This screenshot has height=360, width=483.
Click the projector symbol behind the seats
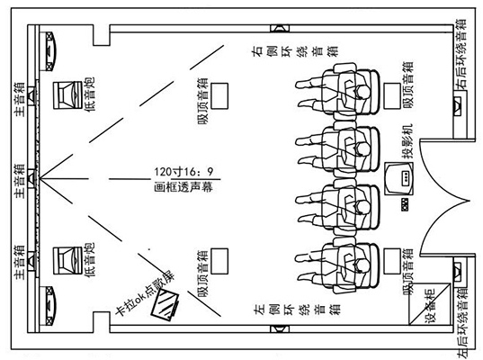[x=398, y=179]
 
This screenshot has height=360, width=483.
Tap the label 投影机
[x=407, y=141]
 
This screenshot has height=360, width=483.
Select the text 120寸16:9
[x=183, y=171]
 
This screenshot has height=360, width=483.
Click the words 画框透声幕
[x=183, y=187]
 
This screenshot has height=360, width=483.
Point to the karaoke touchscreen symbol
[x=165, y=305]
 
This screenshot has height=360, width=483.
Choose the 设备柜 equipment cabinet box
[x=430, y=304]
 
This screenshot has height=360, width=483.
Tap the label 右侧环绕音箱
[x=295, y=51]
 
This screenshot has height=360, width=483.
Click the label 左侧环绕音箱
[x=297, y=309]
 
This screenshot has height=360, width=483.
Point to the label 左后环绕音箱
[x=461, y=323]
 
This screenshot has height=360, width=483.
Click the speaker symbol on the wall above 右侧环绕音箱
[x=280, y=29]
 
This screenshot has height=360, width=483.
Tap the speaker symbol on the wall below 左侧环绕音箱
[x=280, y=328]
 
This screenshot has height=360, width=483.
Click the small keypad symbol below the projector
[x=405, y=205]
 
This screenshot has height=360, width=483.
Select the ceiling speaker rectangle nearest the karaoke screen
[x=219, y=261]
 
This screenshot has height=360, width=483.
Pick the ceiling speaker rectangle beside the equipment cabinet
[x=392, y=261]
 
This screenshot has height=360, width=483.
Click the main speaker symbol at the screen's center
[x=32, y=178]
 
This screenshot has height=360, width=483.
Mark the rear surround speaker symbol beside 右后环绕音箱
[x=458, y=106]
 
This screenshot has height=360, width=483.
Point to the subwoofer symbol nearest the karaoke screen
[x=67, y=261]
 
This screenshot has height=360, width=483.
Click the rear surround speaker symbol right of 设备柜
[x=458, y=271]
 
